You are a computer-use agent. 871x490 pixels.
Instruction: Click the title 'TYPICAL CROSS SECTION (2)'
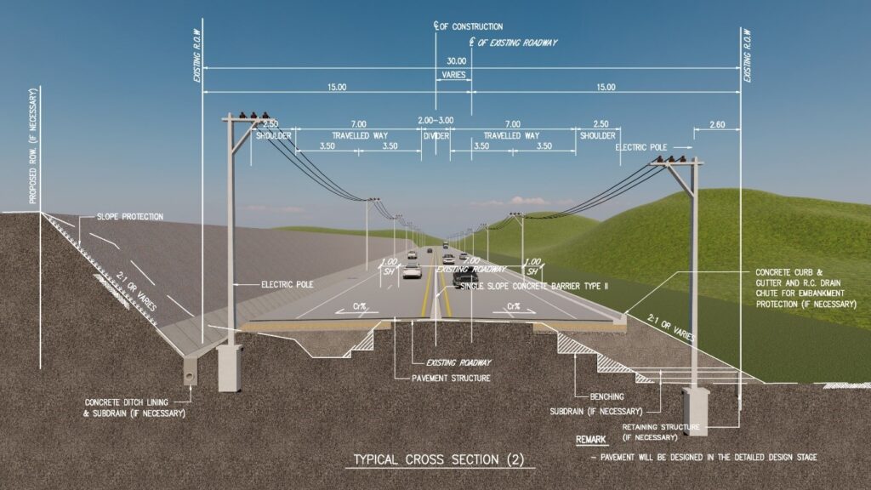[x=439, y=460]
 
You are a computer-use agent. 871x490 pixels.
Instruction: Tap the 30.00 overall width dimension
[x=457, y=61]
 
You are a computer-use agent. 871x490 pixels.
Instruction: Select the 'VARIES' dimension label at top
[x=453, y=76]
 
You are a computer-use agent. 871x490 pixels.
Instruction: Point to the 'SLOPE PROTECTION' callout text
[x=129, y=217]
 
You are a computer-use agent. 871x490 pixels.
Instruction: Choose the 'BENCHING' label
[x=607, y=396]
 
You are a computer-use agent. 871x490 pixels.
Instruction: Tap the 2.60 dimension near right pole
[x=716, y=125]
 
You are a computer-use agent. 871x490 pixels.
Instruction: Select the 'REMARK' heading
[x=592, y=441]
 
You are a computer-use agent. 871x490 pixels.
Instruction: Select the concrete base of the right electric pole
[x=695, y=412]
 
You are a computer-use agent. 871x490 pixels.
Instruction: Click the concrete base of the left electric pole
[x=229, y=367]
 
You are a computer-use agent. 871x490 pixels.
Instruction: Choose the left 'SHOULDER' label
[x=274, y=136]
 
